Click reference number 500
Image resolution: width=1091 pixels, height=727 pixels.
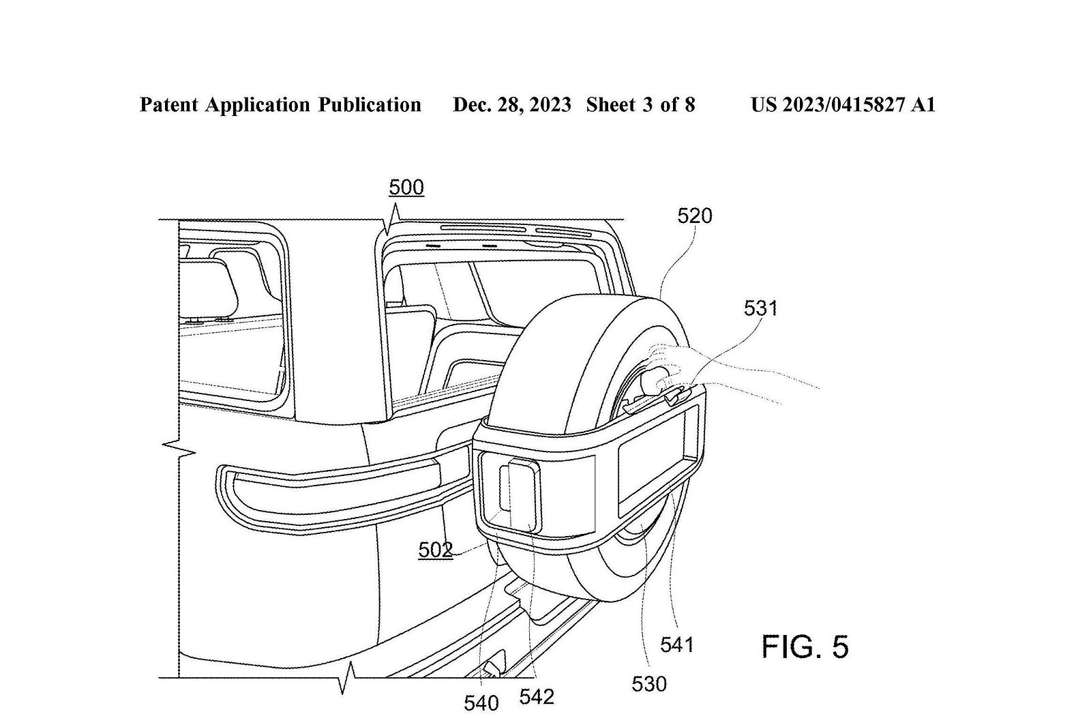[x=406, y=188]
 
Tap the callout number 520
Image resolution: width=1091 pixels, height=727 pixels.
[x=695, y=216]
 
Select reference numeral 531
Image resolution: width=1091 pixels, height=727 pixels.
[x=760, y=308]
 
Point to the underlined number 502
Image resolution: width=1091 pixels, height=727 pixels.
[x=436, y=550]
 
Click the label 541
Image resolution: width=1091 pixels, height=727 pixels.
[x=676, y=645]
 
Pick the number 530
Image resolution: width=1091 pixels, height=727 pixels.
[x=648, y=685]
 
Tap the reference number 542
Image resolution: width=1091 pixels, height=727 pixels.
[x=537, y=697]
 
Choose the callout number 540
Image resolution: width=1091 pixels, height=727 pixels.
[x=481, y=704]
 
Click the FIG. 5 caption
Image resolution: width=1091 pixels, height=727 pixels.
[x=805, y=647]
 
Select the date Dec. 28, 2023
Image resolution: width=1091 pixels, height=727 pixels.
[x=512, y=105]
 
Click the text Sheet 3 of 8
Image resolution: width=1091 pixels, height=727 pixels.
[x=640, y=105]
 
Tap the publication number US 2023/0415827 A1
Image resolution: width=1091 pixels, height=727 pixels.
[x=843, y=105]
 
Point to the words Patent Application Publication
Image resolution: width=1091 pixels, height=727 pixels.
[x=280, y=105]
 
